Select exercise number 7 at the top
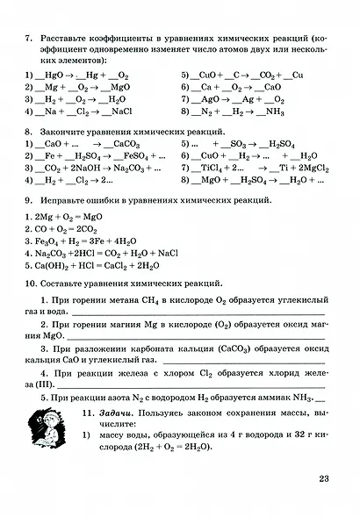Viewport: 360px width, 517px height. [29, 38]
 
